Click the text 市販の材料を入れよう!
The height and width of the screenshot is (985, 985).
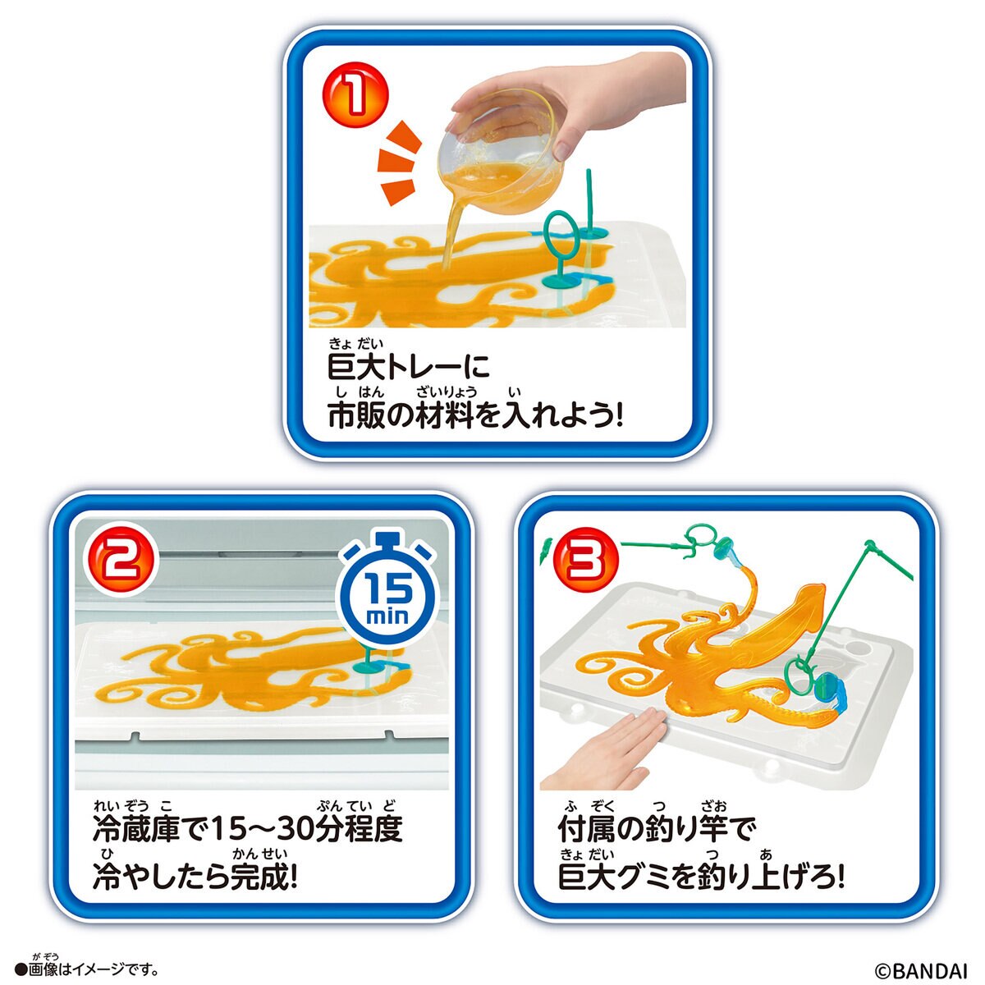476,416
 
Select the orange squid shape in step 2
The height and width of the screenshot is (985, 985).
246,665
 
